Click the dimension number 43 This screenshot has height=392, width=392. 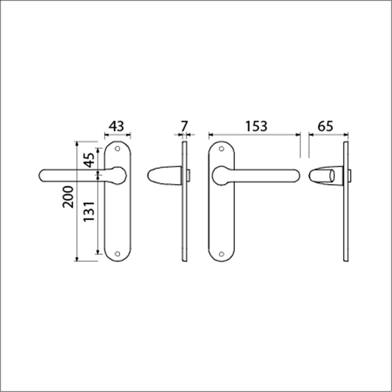[x=116, y=126]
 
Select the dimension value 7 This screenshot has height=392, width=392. [x=184, y=126]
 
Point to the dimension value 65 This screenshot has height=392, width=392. [x=325, y=126]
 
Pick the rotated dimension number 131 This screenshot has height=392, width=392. [x=89, y=212]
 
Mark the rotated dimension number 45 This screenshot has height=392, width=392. [x=89, y=160]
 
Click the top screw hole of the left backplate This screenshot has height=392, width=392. [x=117, y=149]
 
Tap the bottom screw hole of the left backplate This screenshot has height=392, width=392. [x=117, y=254]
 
